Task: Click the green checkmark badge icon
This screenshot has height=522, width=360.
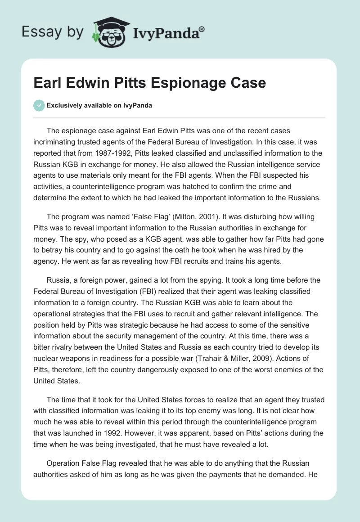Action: (x=39, y=105)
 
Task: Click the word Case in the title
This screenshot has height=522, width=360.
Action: (x=245, y=83)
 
